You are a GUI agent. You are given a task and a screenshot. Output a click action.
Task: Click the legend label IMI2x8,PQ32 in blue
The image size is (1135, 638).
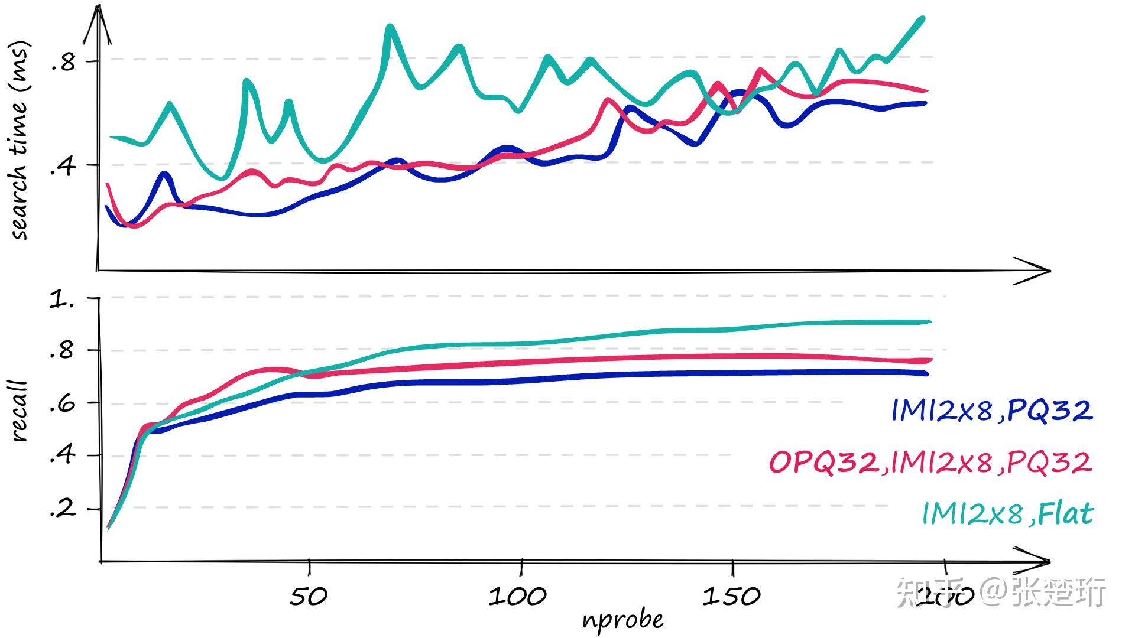point(991,410)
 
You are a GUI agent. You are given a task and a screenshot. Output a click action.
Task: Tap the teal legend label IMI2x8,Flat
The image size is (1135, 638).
point(1007,513)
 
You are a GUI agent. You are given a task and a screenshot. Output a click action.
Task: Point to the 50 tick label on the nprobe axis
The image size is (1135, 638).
point(308,596)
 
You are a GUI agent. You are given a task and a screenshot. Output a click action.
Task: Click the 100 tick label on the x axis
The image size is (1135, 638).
point(517,596)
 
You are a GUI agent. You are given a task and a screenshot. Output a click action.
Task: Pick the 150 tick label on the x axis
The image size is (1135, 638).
point(731,596)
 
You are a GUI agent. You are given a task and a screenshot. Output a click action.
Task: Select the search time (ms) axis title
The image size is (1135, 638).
point(19,141)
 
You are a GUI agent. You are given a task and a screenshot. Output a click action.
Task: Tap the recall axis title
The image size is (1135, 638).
point(19,411)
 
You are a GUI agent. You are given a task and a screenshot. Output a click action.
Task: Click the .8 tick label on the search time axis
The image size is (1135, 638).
point(63,61)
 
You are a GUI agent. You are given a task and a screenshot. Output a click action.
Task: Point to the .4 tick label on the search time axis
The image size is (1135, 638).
point(63,167)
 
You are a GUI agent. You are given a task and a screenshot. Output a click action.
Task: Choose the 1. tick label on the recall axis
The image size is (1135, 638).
point(62,300)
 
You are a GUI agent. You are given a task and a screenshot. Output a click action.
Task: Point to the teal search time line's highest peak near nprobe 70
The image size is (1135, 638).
point(390,27)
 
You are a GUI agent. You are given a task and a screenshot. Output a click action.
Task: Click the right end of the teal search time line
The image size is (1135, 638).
point(922,19)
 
